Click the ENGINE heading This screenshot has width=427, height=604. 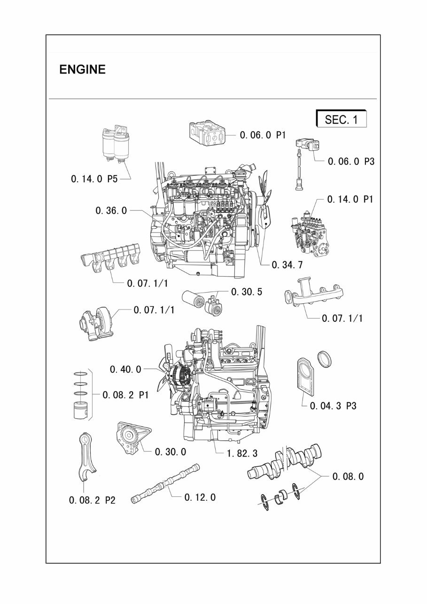82,70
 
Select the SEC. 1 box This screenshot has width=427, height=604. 341,119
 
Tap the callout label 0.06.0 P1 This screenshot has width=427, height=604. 263,135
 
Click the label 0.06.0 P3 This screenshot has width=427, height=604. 351,162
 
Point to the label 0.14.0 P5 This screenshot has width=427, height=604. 94,179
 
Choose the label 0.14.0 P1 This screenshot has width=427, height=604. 350,199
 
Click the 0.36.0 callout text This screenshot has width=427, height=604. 111,211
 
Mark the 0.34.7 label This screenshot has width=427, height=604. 287,265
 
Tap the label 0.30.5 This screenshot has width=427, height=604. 247,292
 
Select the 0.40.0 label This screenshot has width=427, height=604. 125,370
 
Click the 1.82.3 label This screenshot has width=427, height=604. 242,453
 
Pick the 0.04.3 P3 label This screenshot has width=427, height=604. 333,406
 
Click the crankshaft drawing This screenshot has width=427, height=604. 286,462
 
